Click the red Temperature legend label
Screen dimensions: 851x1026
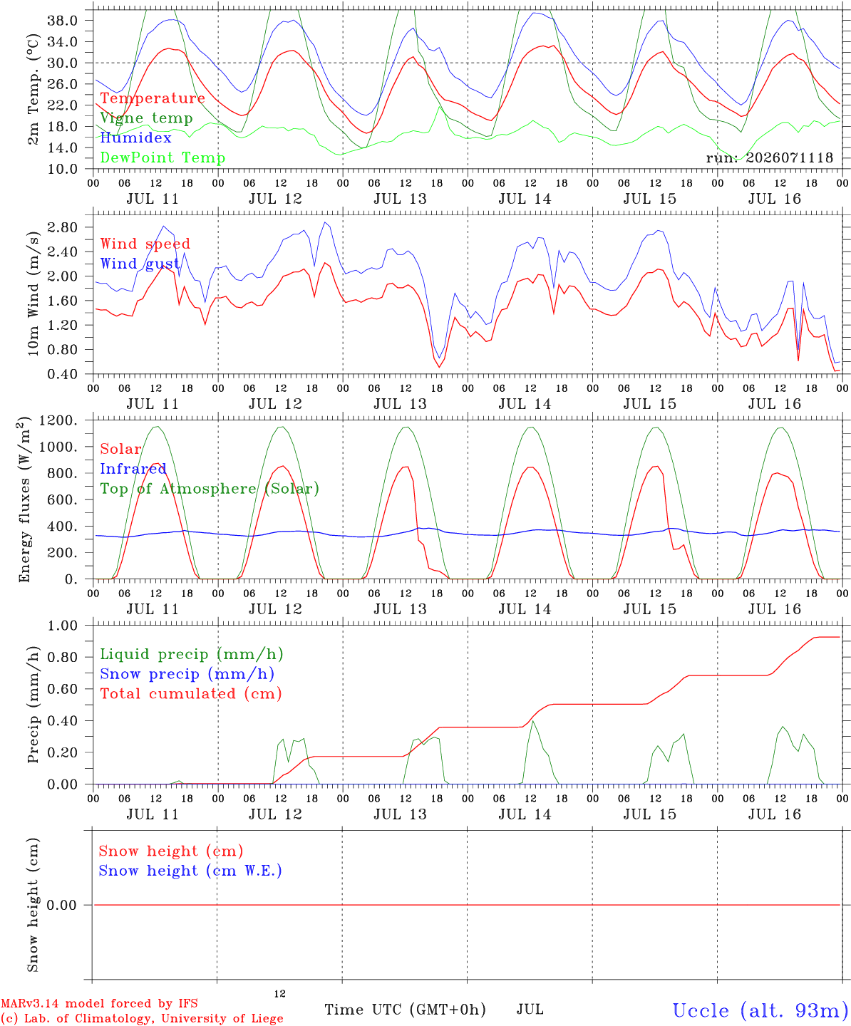(153, 98)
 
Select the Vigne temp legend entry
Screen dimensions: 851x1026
(147, 118)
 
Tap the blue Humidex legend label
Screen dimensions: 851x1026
(135, 138)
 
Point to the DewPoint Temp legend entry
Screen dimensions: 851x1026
(163, 157)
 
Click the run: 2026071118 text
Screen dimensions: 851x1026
(769, 157)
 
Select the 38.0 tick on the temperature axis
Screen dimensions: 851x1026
(63, 21)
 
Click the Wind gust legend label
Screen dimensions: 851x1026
(140, 264)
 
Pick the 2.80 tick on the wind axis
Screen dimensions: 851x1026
(63, 227)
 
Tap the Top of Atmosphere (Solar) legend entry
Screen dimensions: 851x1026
(210, 489)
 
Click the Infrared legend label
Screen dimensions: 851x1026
(133, 469)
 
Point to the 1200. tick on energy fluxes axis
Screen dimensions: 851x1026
(58, 420)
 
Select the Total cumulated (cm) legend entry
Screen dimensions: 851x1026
(191, 694)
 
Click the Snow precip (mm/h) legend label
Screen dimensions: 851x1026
(187, 674)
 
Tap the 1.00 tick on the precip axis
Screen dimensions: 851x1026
(63, 626)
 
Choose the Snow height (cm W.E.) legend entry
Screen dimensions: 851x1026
(190, 871)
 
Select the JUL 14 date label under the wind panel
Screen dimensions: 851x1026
(525, 404)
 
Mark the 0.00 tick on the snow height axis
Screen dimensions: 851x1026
(61, 905)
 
